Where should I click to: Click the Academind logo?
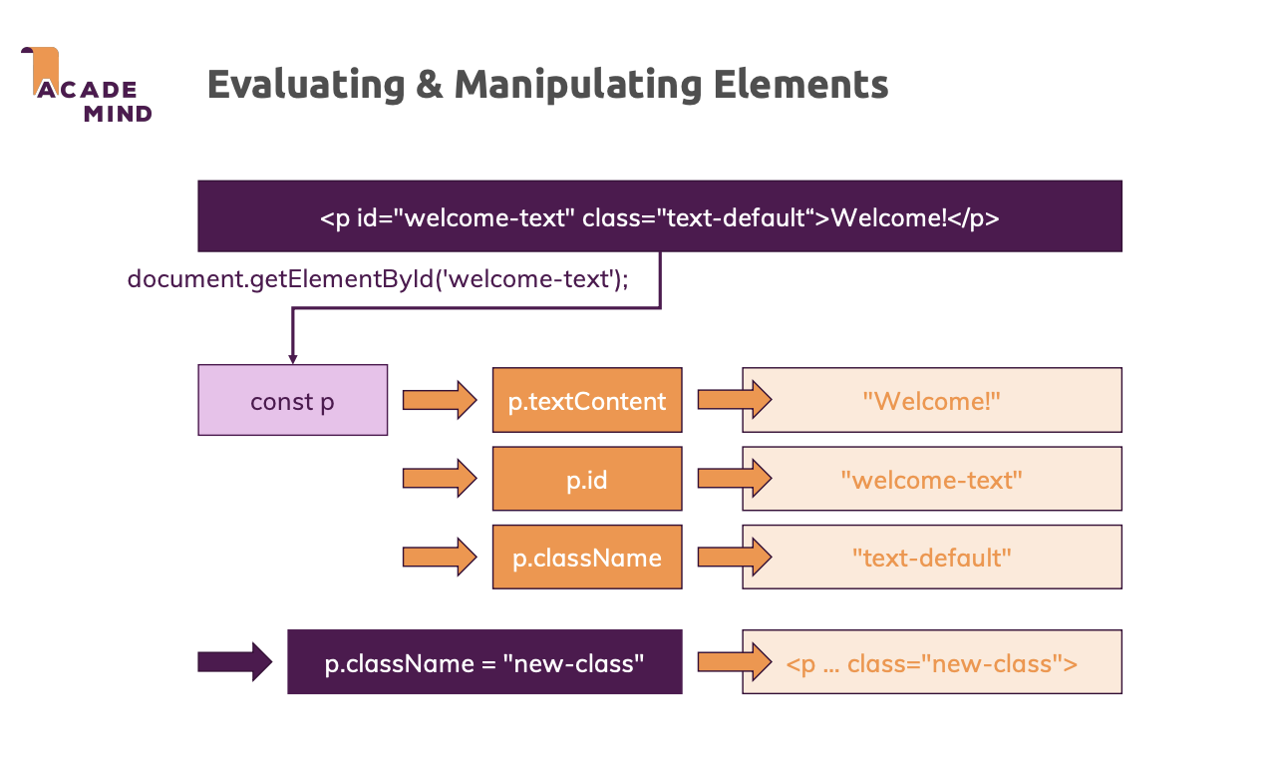coord(86,85)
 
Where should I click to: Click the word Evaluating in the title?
coord(306,85)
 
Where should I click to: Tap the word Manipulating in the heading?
coord(578,85)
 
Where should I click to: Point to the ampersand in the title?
coord(430,84)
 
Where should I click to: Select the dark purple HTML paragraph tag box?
coord(660,216)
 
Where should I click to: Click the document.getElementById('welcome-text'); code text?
coord(378,279)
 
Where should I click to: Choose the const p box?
coord(292,400)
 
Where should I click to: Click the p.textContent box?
coord(587,400)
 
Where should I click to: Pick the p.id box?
coord(587,479)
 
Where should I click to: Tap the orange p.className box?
coord(587,557)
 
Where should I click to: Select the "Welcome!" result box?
coord(932,400)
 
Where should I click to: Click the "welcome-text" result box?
coord(932,479)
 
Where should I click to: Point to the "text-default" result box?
coord(932,557)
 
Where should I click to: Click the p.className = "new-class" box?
coord(484,661)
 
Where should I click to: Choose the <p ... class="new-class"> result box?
coord(932,661)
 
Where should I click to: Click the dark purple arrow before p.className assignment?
coord(234,661)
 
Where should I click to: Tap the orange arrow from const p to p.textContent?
coord(440,400)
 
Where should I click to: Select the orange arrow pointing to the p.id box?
coord(440,479)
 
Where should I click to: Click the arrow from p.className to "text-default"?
coord(735,557)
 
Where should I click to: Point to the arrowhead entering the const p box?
coord(292,359)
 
